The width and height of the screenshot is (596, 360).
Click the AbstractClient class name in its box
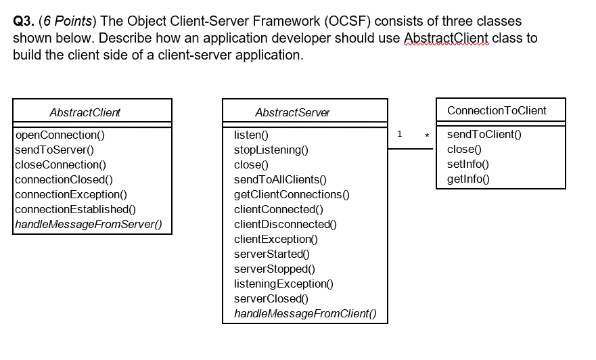[x=85, y=112]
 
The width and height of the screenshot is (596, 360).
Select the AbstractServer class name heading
[x=292, y=112]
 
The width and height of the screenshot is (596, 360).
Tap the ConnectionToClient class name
[x=497, y=110]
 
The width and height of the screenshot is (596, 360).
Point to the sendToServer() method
[x=54, y=150]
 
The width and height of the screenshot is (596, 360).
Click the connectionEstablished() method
[x=76, y=210]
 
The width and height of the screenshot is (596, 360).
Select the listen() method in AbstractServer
[x=251, y=135]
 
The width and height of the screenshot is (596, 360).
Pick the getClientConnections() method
[x=292, y=195]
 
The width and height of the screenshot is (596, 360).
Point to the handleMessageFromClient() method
[x=305, y=313]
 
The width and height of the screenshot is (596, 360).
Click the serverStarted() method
[x=271, y=254]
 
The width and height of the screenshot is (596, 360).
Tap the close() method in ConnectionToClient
[x=464, y=149]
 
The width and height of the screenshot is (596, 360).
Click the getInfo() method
[x=467, y=179]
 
